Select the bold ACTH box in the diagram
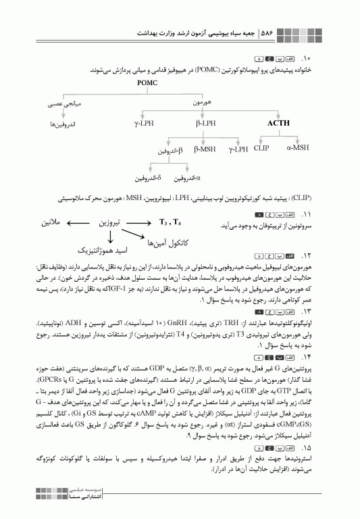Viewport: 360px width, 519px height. [278, 124]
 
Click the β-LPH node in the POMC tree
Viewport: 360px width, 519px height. [206, 124]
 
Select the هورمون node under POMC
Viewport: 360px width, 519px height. [202, 103]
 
